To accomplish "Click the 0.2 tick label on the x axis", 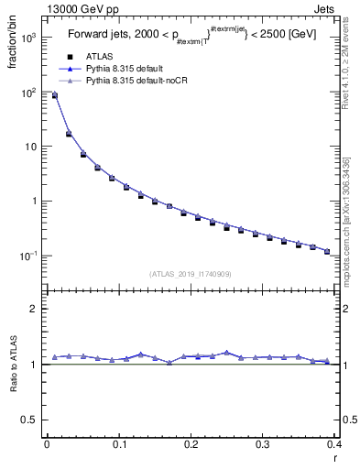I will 191,445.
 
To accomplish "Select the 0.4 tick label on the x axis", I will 334,445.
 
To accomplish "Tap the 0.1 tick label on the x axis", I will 118,445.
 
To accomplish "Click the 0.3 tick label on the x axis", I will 262,445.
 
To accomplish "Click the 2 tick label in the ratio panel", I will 34,309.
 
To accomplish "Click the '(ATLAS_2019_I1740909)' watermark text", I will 190,274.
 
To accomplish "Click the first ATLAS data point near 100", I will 54,94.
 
